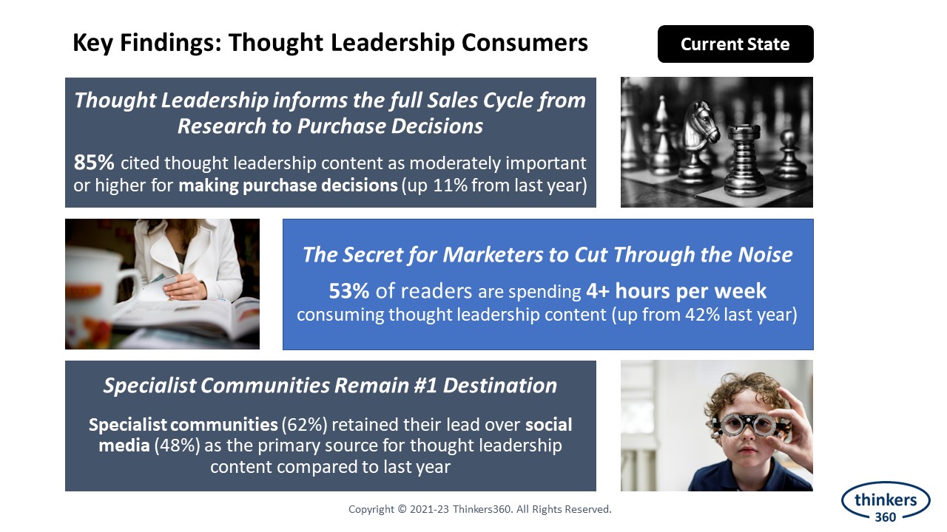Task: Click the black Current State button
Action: click(735, 44)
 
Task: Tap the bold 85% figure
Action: click(94, 162)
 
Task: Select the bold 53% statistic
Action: click(348, 291)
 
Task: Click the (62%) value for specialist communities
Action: click(304, 425)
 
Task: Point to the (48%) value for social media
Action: click(177, 446)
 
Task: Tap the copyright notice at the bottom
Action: click(480, 509)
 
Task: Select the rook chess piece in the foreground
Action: click(744, 161)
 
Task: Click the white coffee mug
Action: click(101, 291)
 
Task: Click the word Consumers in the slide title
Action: click(525, 43)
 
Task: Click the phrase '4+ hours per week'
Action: click(676, 291)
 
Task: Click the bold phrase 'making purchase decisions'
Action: click(288, 185)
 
